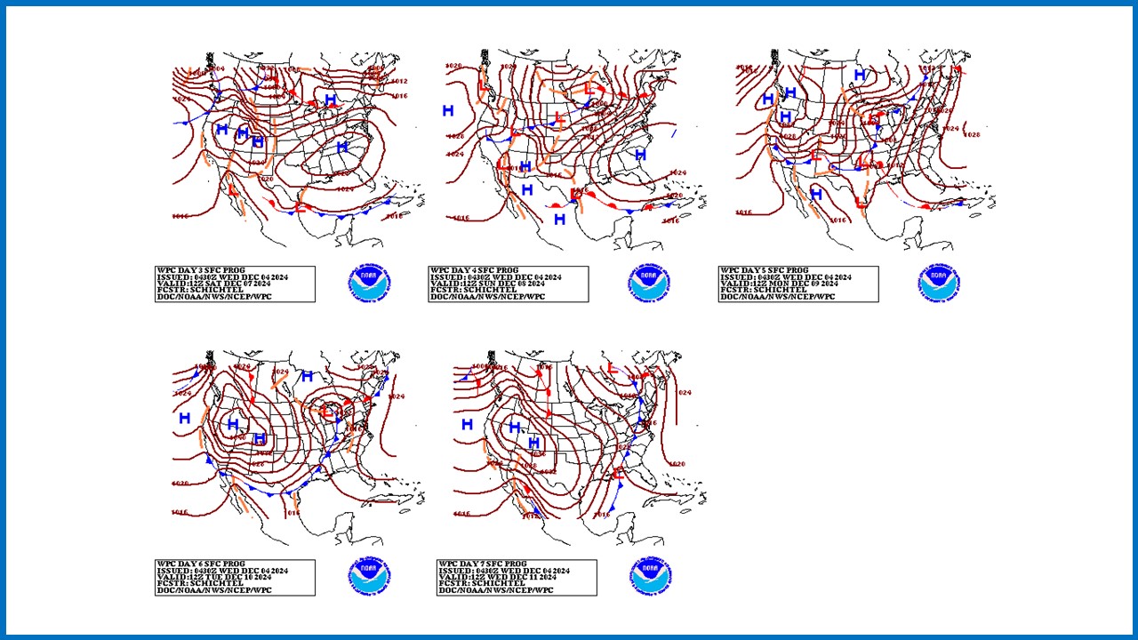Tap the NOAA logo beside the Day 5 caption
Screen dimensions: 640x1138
[x=941, y=284]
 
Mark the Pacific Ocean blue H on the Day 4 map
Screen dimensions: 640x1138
[x=448, y=110]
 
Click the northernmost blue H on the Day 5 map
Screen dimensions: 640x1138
[x=860, y=75]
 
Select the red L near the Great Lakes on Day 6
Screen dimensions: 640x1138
[x=327, y=411]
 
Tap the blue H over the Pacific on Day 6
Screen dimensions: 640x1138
[x=184, y=418]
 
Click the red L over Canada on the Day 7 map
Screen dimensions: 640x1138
[x=611, y=369]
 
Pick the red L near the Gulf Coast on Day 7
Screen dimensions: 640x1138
[x=617, y=473]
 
